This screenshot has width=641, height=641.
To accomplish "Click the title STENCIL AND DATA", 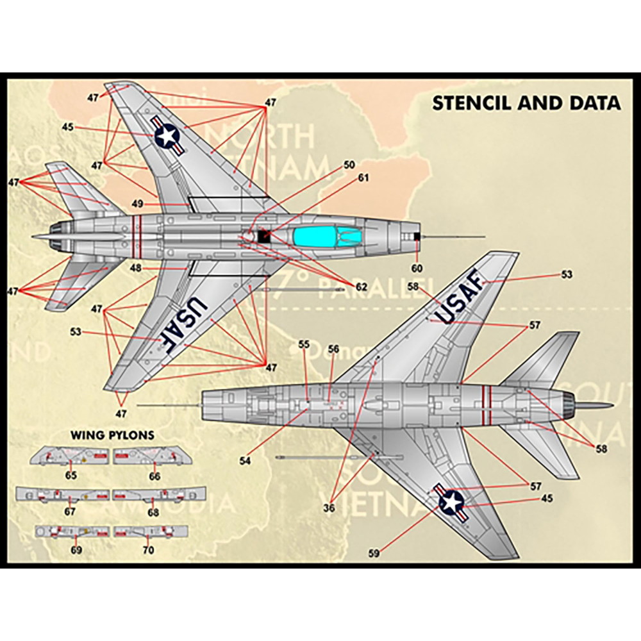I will [x=526, y=103].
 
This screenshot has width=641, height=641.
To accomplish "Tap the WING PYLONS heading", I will [x=112, y=435].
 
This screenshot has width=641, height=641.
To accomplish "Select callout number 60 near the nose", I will [x=417, y=269].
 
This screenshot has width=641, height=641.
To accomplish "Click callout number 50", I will [x=349, y=165].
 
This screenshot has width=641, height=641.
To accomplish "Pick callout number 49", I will [x=137, y=203].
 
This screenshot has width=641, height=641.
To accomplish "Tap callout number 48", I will [x=136, y=268].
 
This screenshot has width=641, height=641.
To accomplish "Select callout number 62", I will [x=362, y=287].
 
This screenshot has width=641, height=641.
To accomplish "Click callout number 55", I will [x=304, y=344].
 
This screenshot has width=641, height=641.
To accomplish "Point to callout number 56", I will [x=333, y=349].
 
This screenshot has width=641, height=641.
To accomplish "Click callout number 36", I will [x=329, y=508].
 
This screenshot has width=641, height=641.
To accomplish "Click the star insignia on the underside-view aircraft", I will [x=451, y=500].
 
